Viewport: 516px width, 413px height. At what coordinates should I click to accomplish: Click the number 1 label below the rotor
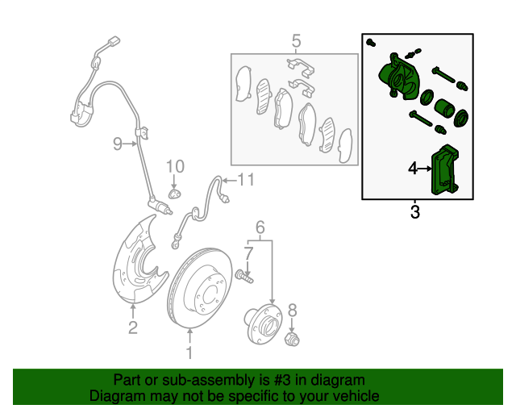point(189,353)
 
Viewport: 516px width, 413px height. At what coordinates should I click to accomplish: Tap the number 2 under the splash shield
point(132,327)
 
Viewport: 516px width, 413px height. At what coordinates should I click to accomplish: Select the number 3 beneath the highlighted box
point(415,212)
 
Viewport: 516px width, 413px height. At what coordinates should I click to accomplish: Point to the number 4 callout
point(413,169)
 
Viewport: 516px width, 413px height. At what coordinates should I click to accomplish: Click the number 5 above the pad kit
point(296,41)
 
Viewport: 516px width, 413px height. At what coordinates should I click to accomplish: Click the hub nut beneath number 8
point(292,340)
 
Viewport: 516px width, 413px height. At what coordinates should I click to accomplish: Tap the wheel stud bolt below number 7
point(245,276)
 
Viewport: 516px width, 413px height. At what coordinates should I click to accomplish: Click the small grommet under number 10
point(175,194)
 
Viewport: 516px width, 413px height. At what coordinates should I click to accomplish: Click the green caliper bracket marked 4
point(444,170)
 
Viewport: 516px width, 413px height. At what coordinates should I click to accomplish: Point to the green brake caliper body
point(398,77)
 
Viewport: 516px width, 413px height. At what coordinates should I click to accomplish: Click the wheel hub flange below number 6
point(264,324)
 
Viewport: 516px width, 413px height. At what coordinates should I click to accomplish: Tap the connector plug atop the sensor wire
point(114,41)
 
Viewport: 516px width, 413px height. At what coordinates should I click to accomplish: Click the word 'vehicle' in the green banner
point(358,395)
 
